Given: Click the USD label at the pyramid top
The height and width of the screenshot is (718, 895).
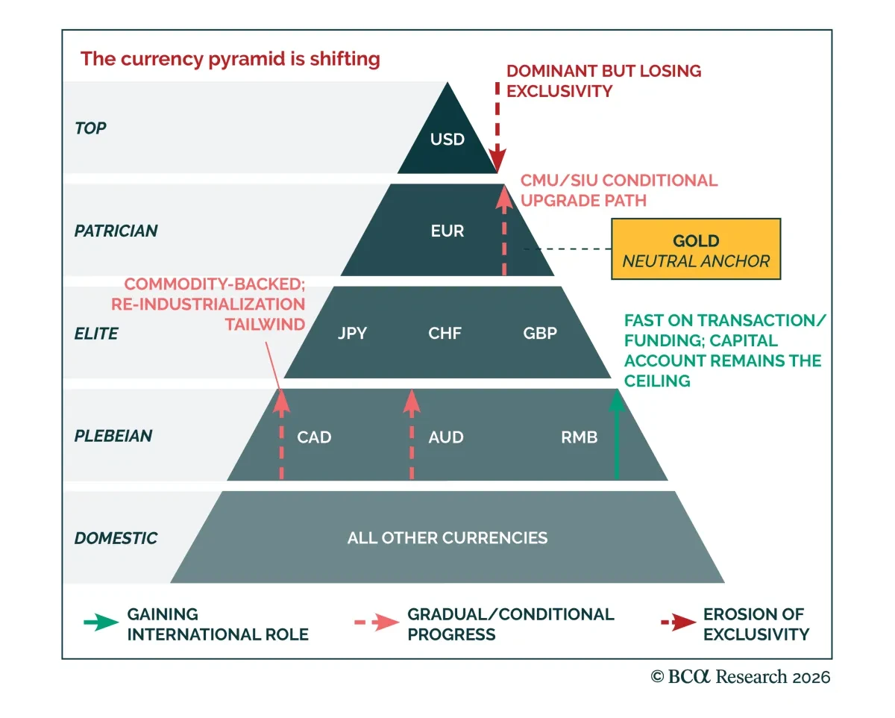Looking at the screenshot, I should point(447,140).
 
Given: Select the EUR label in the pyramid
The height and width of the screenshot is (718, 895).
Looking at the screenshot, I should point(447,231).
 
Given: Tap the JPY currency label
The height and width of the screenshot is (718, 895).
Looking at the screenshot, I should point(352,333).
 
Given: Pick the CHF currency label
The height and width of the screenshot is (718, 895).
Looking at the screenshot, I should point(445,333).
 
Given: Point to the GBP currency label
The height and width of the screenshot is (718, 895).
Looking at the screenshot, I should point(540,333).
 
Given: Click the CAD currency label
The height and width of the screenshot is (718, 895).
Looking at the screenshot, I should point(314,437).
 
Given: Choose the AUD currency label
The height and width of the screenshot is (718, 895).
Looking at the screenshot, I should point(446,437).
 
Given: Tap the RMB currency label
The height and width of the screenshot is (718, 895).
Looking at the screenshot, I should point(580,437).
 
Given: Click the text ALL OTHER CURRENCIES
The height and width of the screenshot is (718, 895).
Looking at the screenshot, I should point(447,537).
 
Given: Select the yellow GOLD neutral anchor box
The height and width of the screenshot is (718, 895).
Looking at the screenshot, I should point(696,249).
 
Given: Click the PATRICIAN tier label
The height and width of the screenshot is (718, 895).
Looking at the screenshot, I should point(116,231).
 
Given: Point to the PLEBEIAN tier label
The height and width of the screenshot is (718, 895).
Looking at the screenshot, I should point(113,436).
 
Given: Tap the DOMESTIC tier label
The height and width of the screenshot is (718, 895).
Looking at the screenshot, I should point(116,538).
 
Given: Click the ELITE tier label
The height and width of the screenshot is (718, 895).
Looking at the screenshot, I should point(96,333).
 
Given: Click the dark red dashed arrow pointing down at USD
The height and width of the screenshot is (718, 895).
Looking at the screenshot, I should point(497,123).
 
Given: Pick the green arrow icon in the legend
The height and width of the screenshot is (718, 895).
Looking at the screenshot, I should point(101,624).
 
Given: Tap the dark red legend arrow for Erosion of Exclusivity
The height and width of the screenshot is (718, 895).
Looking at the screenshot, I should point(678,624).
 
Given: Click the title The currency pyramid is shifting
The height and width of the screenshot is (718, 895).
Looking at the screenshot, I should point(230,59).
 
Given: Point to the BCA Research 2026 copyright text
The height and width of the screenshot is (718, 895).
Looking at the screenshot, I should point(740,677).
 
